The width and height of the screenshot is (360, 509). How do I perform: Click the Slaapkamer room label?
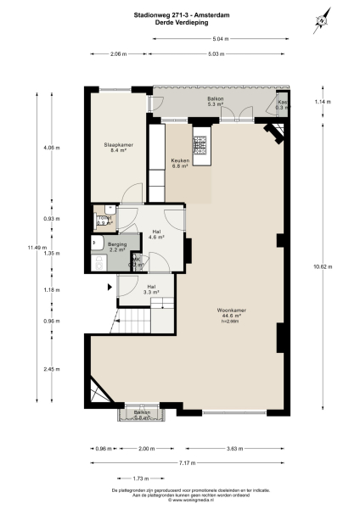(x=115, y=146)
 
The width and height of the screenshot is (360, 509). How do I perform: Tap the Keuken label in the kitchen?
(x=180, y=162)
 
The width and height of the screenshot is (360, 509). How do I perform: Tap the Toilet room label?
(x=105, y=220)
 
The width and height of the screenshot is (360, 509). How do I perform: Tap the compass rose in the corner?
(x=323, y=21)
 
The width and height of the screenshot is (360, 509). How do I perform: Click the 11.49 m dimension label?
(x=33, y=247)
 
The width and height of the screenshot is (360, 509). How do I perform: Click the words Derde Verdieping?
(x=179, y=23)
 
